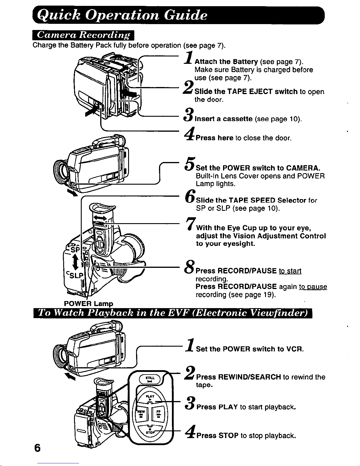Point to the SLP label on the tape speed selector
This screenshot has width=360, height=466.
(x=74, y=276)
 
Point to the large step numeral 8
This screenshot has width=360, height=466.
(x=190, y=268)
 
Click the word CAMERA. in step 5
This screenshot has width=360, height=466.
(x=303, y=168)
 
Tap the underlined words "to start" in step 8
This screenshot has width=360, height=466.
(x=290, y=270)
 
